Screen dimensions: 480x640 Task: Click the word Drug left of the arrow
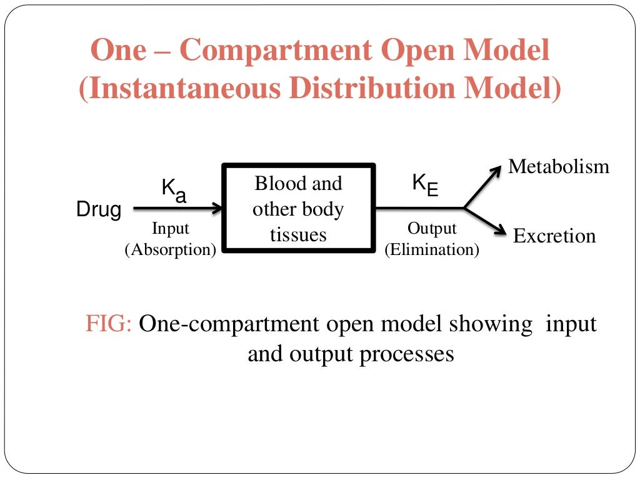point(98,210)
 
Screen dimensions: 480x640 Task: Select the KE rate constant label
point(424,184)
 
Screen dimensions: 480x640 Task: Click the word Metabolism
point(558,167)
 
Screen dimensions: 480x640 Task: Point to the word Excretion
point(554,236)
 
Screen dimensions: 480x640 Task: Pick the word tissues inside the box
point(298,234)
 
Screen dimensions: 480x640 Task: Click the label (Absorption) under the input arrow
point(171,250)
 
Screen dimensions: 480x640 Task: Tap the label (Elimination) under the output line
point(432,250)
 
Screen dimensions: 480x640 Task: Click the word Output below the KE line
point(432,229)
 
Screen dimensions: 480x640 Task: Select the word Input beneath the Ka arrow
point(170,229)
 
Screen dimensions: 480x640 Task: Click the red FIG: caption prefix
point(108,325)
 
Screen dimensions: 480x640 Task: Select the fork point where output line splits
point(464,207)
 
